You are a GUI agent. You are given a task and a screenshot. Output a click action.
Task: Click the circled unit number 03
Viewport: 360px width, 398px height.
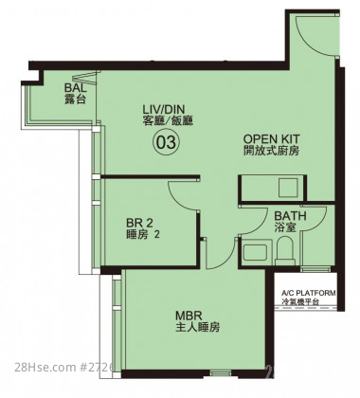(x=166, y=143)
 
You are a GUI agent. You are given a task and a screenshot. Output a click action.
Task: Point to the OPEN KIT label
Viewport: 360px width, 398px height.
(x=271, y=139)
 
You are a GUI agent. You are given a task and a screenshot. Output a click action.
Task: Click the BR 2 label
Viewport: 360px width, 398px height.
(x=139, y=223)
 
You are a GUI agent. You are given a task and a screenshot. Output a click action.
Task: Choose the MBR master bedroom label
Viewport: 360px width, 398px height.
(x=189, y=316)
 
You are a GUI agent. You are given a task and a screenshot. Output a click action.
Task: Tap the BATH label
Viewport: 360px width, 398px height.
(x=290, y=216)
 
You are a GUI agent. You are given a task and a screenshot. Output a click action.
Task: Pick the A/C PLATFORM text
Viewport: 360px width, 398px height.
(x=309, y=293)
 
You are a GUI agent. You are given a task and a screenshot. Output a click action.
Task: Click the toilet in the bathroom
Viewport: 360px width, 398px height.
(x=285, y=251)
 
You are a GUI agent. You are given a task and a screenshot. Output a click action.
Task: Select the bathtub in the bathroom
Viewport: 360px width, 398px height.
(x=256, y=252)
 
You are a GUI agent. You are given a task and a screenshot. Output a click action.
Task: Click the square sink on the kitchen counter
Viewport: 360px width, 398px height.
(x=288, y=188)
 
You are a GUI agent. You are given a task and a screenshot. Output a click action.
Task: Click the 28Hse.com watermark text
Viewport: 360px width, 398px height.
(x=45, y=367)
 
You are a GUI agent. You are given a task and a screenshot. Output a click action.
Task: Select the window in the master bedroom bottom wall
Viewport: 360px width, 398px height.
(x=221, y=374)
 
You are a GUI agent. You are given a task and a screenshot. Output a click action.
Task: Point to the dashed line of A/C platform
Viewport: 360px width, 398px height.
(x=305, y=306)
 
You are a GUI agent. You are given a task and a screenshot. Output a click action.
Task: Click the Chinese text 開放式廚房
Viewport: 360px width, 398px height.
(x=271, y=151)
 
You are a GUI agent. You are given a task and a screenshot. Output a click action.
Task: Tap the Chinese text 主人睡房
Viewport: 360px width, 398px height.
(x=198, y=327)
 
